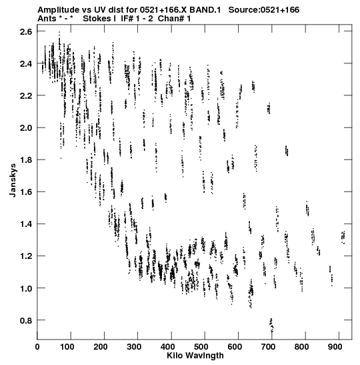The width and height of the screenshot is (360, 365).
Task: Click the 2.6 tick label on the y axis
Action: (26, 31)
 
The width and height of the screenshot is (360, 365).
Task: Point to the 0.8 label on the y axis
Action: (26, 320)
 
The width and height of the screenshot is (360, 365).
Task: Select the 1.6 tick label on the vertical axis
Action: (26, 192)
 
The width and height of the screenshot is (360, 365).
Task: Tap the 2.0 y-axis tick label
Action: (26, 128)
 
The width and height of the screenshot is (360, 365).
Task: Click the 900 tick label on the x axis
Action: (335, 347)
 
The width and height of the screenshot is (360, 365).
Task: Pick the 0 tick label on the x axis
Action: (37, 347)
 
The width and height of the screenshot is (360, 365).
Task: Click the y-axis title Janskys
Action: (13, 180)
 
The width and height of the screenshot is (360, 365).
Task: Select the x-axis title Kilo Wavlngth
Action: (195, 356)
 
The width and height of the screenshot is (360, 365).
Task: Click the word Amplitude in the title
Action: (58, 10)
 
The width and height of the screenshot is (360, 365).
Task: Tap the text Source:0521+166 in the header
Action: (264, 10)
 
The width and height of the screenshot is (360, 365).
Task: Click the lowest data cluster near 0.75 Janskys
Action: (271, 325)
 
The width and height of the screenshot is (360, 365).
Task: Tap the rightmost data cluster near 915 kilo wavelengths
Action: (343, 237)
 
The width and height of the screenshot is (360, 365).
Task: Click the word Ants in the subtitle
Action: (47, 19)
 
